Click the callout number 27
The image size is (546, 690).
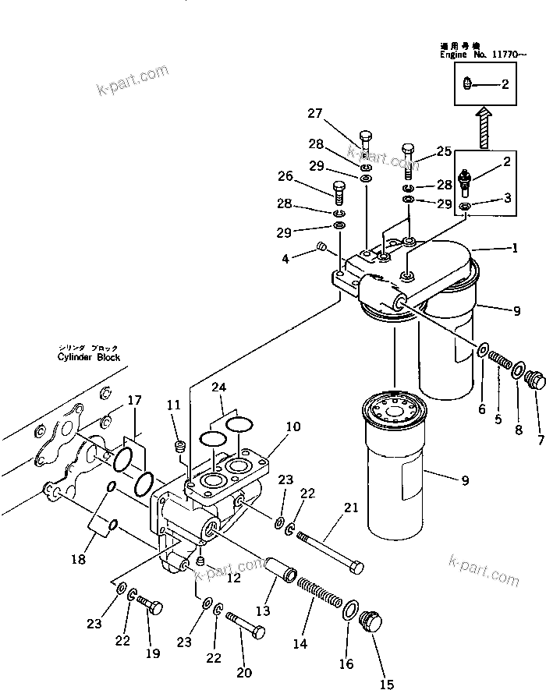pyautogui.click(x=314, y=114)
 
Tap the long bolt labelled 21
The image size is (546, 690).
pyautogui.click(x=328, y=550)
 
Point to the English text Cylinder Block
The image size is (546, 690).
pyautogui.click(x=89, y=357)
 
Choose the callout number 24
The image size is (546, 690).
pyautogui.click(x=221, y=386)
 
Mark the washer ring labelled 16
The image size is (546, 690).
pyautogui.click(x=350, y=608)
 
